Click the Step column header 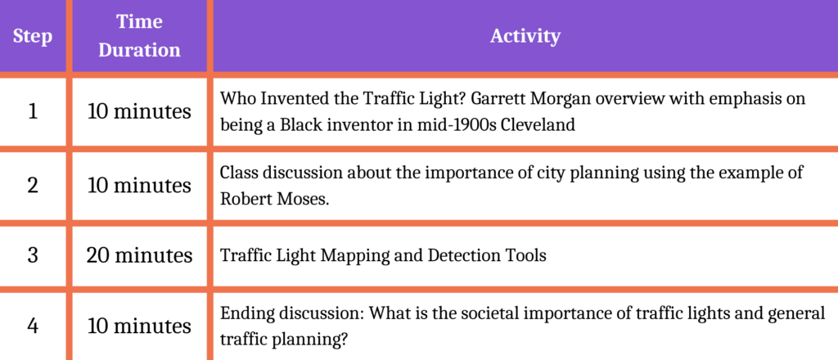(x=33, y=37)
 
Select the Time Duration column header (x=139, y=36)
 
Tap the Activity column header (x=525, y=36)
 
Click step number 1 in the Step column (x=33, y=112)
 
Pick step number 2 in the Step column (x=33, y=186)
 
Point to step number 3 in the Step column (x=33, y=256)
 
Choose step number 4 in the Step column (x=33, y=326)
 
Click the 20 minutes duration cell (x=139, y=256)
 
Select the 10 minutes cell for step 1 (x=139, y=112)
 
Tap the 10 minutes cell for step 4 (x=139, y=326)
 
